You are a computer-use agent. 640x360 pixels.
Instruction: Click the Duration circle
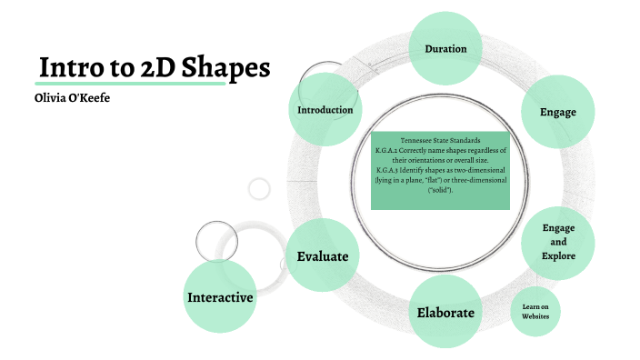tap(445, 48)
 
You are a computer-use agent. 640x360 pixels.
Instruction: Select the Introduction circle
tap(325, 111)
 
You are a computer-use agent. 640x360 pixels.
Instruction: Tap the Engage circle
tap(558, 112)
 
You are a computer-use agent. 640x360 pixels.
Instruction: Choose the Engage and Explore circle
tap(558, 243)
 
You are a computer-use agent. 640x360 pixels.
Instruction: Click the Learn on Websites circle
tap(535, 312)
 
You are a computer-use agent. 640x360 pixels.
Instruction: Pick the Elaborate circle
tap(445, 313)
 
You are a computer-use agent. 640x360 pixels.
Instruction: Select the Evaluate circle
tap(323, 256)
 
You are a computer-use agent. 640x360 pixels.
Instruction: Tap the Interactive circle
tap(220, 297)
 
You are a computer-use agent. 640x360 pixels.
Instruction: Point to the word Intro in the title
tap(68, 68)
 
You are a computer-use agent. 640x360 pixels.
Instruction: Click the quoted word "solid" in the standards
tap(440, 190)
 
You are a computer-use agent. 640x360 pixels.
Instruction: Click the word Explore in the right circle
tap(558, 257)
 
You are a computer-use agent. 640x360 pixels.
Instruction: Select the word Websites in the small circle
tap(535, 317)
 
